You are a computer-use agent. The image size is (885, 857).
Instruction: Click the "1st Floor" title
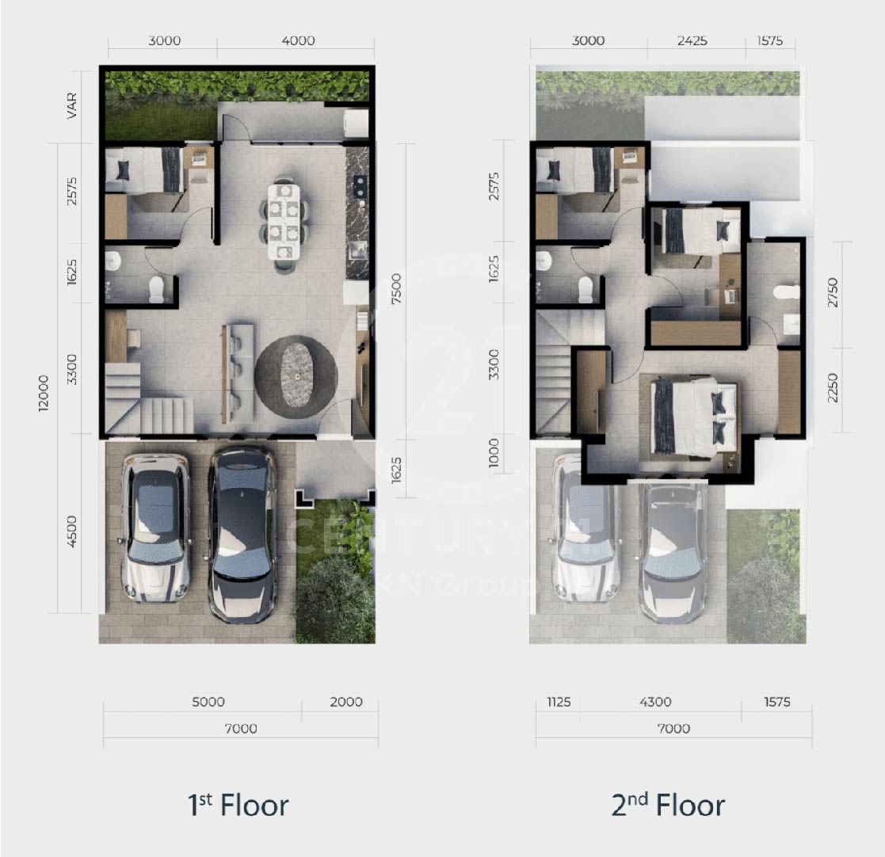(x=238, y=805)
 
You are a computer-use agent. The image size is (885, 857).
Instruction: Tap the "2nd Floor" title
(x=668, y=805)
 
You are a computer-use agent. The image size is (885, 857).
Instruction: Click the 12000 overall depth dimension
(x=44, y=393)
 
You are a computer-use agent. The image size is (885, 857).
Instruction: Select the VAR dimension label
(x=71, y=105)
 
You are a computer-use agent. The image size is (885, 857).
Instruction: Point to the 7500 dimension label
(x=396, y=289)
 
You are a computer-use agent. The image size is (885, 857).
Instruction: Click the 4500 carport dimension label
(x=71, y=531)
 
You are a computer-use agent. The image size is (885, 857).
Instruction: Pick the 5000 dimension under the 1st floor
(x=208, y=702)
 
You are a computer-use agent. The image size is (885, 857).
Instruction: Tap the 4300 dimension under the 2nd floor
(x=655, y=702)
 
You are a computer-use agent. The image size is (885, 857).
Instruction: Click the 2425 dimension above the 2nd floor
(x=692, y=40)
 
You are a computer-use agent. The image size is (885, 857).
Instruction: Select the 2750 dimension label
(x=833, y=292)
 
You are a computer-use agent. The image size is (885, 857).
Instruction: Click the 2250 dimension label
(x=833, y=388)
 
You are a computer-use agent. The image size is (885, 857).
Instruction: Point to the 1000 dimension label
(x=494, y=453)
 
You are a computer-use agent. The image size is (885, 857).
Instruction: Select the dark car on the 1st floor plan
(x=243, y=534)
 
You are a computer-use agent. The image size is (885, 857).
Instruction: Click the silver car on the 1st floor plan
(x=156, y=527)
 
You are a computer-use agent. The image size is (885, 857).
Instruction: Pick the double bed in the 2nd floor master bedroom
(x=694, y=417)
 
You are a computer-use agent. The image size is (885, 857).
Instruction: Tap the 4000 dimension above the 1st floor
(x=298, y=40)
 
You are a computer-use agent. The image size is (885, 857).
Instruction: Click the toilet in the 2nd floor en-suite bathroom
(x=787, y=292)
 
